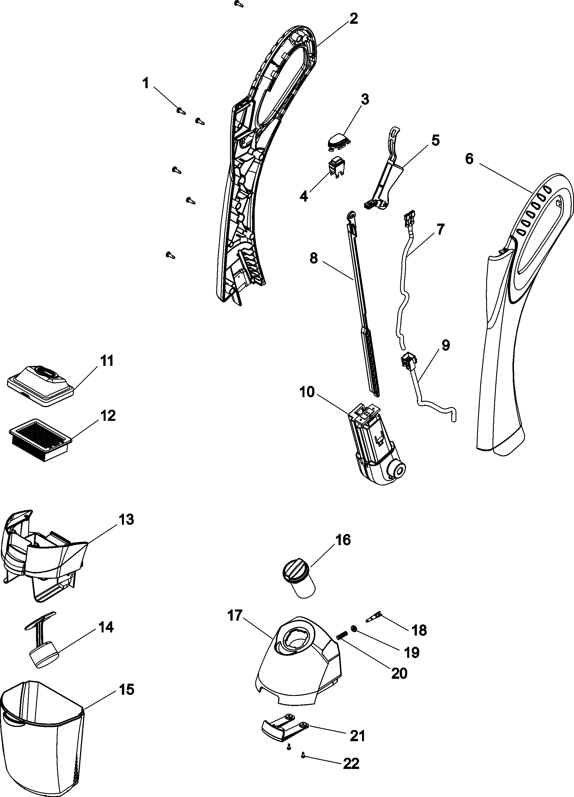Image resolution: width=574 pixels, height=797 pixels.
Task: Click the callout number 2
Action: pyautogui.click(x=353, y=18)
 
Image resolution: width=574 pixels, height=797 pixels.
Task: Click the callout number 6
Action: pyautogui.click(x=469, y=159)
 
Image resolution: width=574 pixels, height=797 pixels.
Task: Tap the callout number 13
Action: pyautogui.click(x=126, y=519)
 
